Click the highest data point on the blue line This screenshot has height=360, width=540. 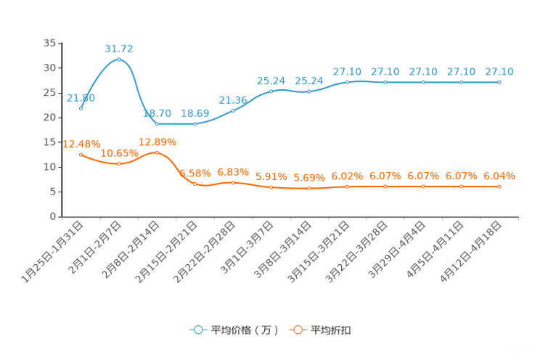click(x=119, y=59)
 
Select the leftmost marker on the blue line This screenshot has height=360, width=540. click(x=81, y=109)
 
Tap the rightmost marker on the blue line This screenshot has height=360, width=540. click(x=499, y=82)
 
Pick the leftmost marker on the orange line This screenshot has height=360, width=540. click(x=81, y=155)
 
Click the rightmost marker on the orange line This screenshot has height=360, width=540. click(x=499, y=187)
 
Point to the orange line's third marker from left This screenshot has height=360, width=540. click(x=157, y=152)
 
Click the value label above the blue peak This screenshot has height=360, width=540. click(x=119, y=49)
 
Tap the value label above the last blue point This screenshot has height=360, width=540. click(x=499, y=71)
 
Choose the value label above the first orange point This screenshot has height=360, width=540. click(x=81, y=144)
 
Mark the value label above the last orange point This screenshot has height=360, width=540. click(x=499, y=176)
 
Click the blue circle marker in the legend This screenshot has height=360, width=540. click(x=198, y=330)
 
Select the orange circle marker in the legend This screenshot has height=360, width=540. click(x=298, y=330)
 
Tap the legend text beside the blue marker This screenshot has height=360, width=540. click(x=244, y=330)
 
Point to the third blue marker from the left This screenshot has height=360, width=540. click(x=157, y=124)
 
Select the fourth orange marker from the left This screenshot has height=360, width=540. click(x=195, y=184)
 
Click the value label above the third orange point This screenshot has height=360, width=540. click(x=157, y=142)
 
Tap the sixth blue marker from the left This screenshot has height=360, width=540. click(x=271, y=91)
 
